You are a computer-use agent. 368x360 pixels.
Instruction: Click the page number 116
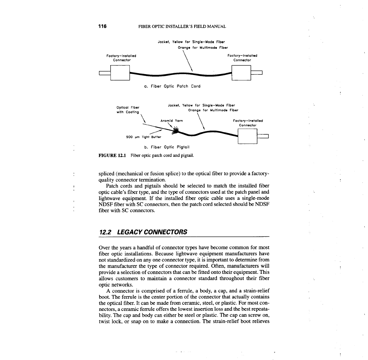(102, 26)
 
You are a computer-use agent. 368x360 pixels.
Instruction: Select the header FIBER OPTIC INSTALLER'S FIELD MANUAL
(182, 27)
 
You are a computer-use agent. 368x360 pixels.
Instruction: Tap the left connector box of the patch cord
(120, 73)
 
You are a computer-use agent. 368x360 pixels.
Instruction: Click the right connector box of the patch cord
(241, 73)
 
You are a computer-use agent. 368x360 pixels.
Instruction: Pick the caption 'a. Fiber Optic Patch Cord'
(172, 86)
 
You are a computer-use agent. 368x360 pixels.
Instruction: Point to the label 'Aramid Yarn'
(171, 121)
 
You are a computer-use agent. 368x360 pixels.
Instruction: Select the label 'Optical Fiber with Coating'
(128, 110)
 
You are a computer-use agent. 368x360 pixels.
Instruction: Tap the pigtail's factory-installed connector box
(247, 136)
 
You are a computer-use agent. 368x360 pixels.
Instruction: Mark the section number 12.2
(105, 232)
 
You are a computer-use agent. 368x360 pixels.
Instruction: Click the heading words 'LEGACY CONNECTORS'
(152, 232)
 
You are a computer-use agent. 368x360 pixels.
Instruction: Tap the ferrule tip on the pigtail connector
(264, 136)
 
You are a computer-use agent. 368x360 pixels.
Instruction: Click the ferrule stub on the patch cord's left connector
(104, 73)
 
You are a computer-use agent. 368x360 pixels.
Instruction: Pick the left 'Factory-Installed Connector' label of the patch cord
(121, 58)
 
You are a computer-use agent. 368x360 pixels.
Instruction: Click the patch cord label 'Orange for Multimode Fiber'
(203, 48)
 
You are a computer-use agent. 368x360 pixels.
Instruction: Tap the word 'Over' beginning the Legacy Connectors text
(104, 248)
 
